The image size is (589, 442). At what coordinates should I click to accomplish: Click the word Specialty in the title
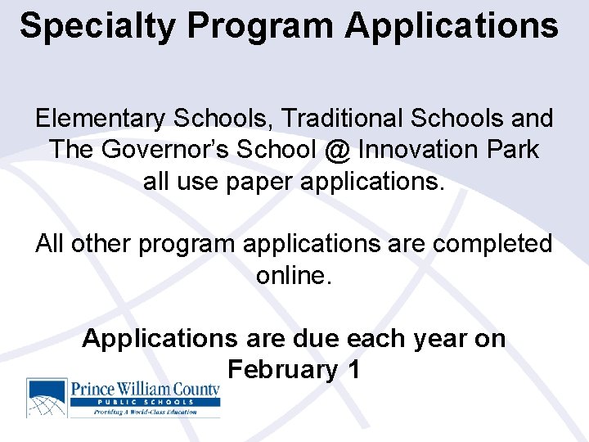(97, 26)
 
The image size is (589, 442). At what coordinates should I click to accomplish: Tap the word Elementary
(99, 119)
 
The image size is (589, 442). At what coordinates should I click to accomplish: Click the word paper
(250, 181)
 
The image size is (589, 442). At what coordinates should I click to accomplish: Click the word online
(293, 275)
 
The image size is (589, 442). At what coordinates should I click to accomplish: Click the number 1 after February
(353, 369)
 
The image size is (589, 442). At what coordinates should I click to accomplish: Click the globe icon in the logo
(47, 398)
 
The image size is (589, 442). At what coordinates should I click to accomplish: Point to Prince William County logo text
(145, 389)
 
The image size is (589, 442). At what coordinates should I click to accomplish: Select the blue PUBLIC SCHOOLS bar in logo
(145, 402)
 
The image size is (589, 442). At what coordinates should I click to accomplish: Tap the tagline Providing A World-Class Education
(145, 412)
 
